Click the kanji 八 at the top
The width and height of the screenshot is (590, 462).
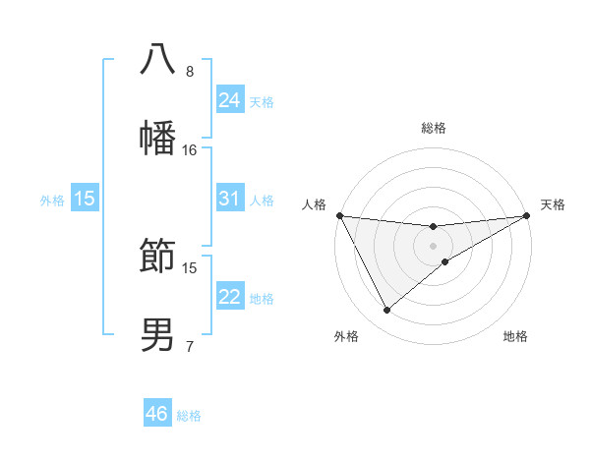158,59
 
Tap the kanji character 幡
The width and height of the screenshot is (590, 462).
158,138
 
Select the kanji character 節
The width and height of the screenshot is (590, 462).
158,256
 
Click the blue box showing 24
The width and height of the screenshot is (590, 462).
229,100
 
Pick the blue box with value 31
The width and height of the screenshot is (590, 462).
229,199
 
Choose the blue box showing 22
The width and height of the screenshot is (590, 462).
229,297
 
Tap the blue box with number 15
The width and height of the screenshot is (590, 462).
85,199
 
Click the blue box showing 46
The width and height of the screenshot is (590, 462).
157,414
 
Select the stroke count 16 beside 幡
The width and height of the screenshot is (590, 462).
190,150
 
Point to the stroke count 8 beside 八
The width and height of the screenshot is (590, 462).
190,72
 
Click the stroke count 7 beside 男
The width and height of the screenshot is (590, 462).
190,347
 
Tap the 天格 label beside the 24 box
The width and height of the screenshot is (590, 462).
262,101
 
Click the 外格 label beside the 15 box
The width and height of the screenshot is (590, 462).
52,200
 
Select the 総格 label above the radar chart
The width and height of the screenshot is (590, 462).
434,128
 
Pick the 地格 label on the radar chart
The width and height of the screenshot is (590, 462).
515,336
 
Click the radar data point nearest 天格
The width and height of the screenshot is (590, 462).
526,215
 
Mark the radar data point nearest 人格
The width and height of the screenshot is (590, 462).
340,215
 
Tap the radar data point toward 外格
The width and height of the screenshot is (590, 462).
386,310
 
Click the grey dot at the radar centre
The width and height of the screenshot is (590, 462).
434,245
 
